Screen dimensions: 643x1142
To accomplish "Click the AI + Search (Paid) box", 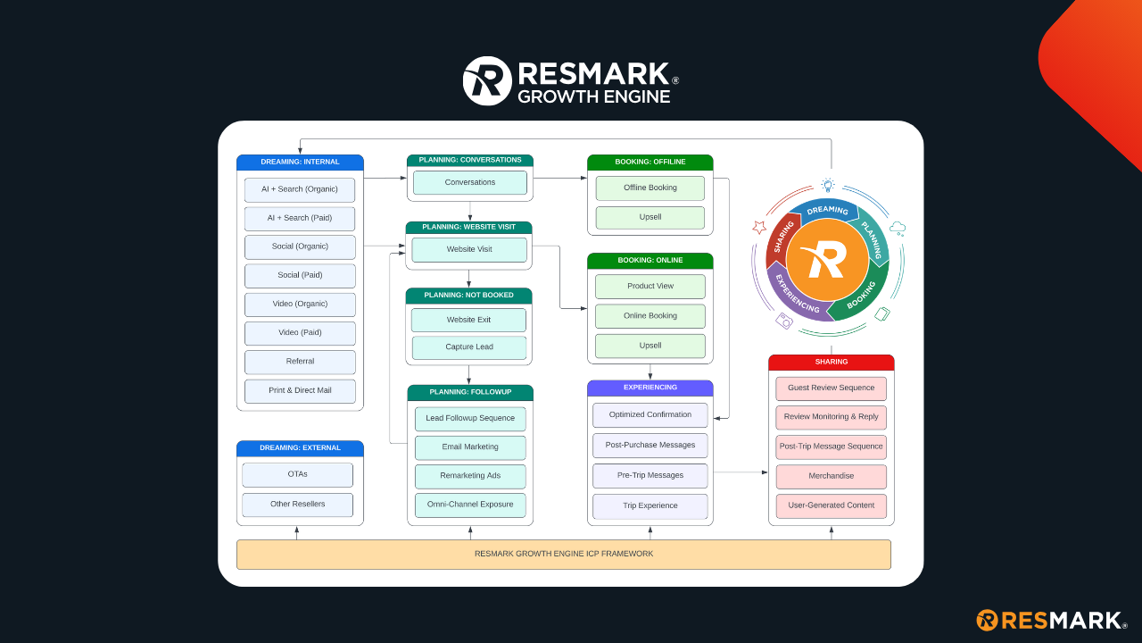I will pyautogui.click(x=300, y=218).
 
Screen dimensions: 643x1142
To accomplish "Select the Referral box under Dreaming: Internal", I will pyautogui.click(x=300, y=362).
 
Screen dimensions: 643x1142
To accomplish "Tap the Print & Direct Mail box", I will pyautogui.click(x=300, y=390).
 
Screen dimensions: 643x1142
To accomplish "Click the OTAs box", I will pyautogui.click(x=297, y=474).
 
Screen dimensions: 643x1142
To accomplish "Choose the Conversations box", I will pyautogui.click(x=469, y=182).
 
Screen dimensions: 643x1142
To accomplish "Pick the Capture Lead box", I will pyautogui.click(x=469, y=347).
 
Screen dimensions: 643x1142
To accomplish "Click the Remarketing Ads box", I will pyautogui.click(x=469, y=476).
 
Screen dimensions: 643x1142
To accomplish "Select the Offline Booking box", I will pyautogui.click(x=650, y=188).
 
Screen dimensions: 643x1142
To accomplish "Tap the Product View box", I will pyautogui.click(x=650, y=287).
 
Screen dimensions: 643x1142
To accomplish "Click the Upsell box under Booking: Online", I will pyautogui.click(x=650, y=346).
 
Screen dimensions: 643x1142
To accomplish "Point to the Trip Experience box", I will pyautogui.click(x=650, y=505).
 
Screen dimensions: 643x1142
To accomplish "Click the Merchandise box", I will pyautogui.click(x=831, y=476).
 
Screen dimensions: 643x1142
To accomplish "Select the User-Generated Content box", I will pyautogui.click(x=831, y=505).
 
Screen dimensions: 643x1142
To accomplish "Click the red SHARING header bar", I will pyautogui.click(x=831, y=363).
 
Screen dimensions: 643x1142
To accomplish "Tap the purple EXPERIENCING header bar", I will pyautogui.click(x=650, y=388).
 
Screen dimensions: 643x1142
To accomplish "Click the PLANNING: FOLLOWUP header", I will pyautogui.click(x=469, y=392).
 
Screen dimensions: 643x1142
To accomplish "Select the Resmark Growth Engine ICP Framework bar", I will pyautogui.click(x=563, y=554).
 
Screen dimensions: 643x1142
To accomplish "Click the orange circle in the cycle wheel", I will pyautogui.click(x=827, y=260).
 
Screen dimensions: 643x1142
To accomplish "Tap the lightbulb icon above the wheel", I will pyautogui.click(x=828, y=186).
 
